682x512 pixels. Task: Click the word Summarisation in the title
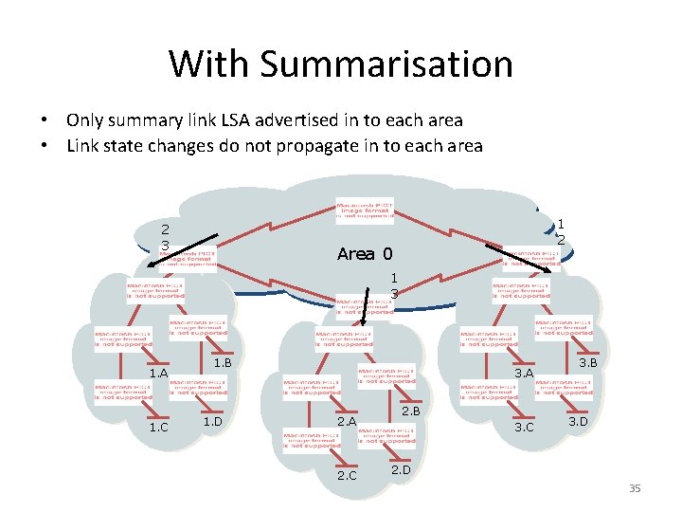click(x=386, y=64)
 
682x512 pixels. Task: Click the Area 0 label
click(x=364, y=254)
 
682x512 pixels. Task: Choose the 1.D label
click(x=212, y=421)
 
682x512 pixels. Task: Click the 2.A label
click(x=347, y=421)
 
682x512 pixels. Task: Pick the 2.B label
click(x=410, y=411)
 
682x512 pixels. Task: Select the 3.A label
click(x=524, y=374)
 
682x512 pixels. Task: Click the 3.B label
click(x=587, y=363)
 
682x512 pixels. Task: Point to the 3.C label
click(x=524, y=428)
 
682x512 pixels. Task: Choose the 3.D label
click(x=578, y=421)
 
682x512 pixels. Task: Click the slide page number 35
click(x=635, y=488)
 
